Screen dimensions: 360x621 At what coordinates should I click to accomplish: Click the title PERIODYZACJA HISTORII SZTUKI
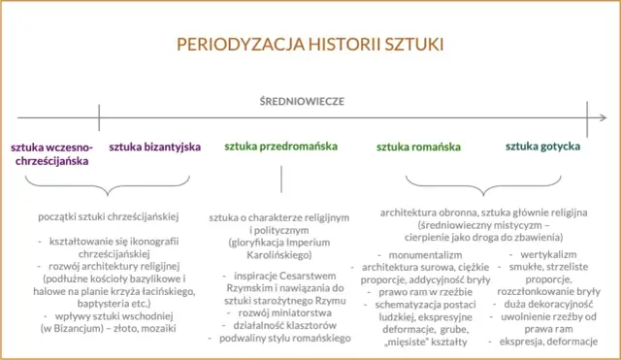pos(310,44)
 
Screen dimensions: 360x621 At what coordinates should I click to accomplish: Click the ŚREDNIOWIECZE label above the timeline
pos(303,101)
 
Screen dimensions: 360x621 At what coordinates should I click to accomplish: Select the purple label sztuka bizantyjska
pos(154,147)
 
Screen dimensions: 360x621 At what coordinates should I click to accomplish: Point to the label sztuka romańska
pos(418,147)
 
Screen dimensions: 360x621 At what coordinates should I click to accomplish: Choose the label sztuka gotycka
pos(543,147)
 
